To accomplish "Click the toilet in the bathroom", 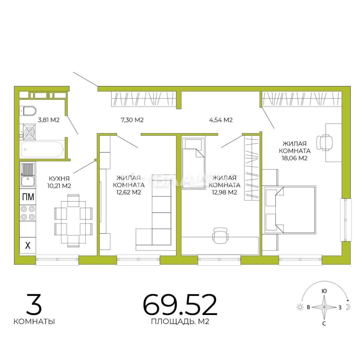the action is click(28, 111).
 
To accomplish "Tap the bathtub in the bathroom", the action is click(42, 149).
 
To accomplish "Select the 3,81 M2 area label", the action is click(49, 120).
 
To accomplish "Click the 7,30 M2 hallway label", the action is click(132, 120).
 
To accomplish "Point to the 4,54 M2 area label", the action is click(221, 120).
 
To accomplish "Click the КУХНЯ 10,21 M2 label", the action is click(59, 182).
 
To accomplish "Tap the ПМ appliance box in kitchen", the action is click(28, 197).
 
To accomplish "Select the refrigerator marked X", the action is click(28, 245).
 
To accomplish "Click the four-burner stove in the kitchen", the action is click(28, 213).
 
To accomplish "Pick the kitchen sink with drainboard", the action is click(28, 175).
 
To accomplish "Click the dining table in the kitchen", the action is click(73, 221).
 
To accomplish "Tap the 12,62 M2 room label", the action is click(129, 185).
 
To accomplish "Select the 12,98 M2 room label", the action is click(224, 185).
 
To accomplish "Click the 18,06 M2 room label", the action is click(295, 151).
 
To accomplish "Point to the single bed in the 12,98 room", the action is click(193, 163).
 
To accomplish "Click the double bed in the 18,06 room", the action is click(289, 210).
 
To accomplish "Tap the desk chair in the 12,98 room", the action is click(220, 235).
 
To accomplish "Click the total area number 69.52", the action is click(180, 305).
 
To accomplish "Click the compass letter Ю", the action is click(324, 291).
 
